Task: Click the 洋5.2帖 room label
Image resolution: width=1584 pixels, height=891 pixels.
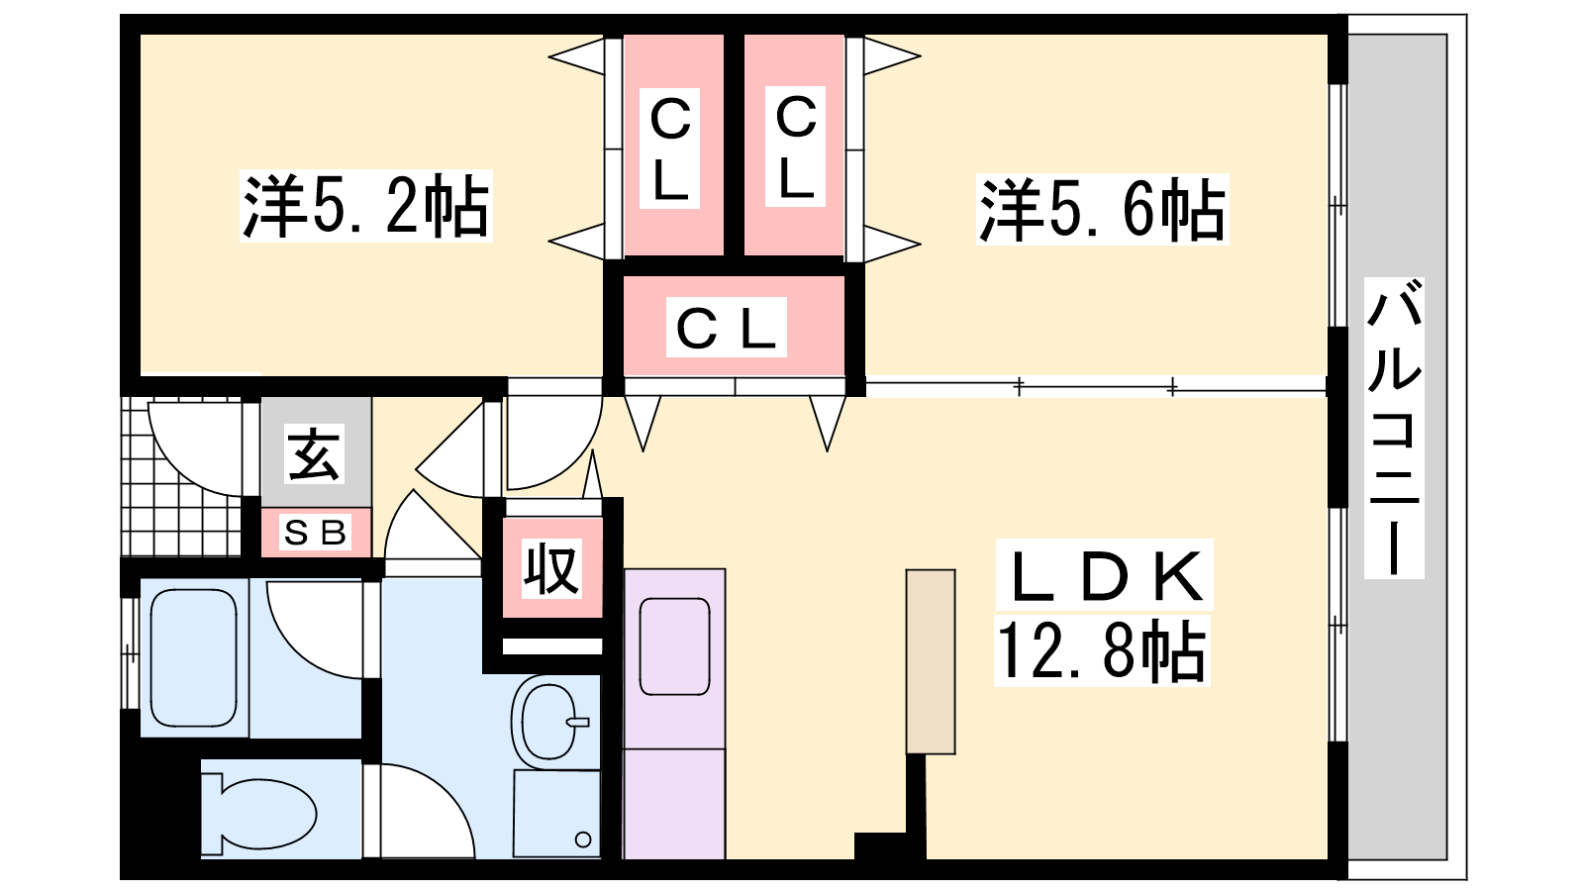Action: click(365, 207)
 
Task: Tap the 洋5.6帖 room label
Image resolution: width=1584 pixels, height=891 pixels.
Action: click(1102, 210)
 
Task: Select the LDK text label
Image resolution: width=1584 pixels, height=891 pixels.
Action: click(1104, 575)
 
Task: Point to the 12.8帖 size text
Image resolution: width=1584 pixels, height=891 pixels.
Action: click(1102, 651)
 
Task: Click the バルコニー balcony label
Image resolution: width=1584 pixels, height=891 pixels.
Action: click(1393, 428)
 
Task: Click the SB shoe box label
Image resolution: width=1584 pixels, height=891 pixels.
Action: click(315, 533)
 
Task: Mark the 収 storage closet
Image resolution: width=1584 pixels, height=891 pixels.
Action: click(551, 569)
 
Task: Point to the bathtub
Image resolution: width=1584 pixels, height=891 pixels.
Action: click(194, 657)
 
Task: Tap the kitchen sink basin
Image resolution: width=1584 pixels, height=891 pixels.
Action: click(674, 646)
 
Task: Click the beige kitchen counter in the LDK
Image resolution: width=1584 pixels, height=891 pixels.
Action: click(930, 661)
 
